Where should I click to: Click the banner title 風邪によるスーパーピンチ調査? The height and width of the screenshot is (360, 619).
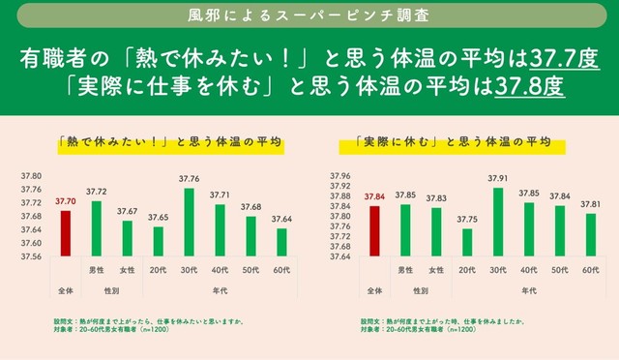(309, 16)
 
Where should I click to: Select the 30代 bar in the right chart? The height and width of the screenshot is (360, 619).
(498, 223)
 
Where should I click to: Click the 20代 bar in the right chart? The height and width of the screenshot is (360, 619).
(467, 242)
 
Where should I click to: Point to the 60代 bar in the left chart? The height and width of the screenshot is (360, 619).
(281, 242)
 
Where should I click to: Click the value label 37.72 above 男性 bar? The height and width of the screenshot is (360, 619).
(96, 193)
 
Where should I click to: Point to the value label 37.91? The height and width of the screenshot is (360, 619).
(498, 179)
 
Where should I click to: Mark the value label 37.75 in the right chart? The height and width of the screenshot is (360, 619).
(467, 219)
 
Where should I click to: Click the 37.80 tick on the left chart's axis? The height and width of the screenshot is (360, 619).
(31, 176)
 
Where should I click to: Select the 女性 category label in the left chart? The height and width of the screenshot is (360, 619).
(127, 270)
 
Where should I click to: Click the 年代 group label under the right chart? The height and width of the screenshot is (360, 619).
(528, 289)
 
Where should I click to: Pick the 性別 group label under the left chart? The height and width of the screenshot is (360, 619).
(111, 289)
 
